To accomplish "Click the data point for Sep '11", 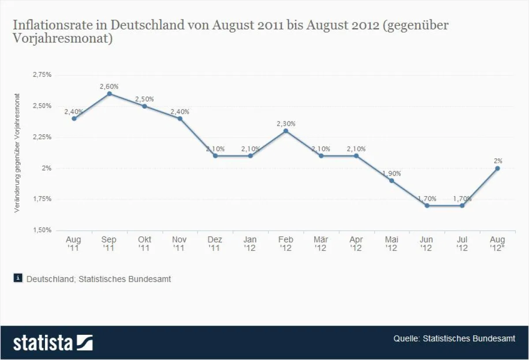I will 109,94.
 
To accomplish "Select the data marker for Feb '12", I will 286,131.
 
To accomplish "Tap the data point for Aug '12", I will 498,168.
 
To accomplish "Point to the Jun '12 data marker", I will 427,206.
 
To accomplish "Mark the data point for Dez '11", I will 215,156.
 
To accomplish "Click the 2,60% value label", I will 109,86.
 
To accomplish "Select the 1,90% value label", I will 391,173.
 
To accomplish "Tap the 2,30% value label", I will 286,124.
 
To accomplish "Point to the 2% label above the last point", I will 498,161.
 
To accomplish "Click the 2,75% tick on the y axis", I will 42,75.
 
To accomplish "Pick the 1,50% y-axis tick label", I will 42,230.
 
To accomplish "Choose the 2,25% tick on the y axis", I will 42,137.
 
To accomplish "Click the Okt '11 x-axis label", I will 144,244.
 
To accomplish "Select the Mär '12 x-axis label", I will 321,244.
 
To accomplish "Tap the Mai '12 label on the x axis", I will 391,244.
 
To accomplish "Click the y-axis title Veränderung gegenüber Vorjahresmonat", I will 17,153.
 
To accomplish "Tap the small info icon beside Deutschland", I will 18,278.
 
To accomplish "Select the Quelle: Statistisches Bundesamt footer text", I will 454,338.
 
